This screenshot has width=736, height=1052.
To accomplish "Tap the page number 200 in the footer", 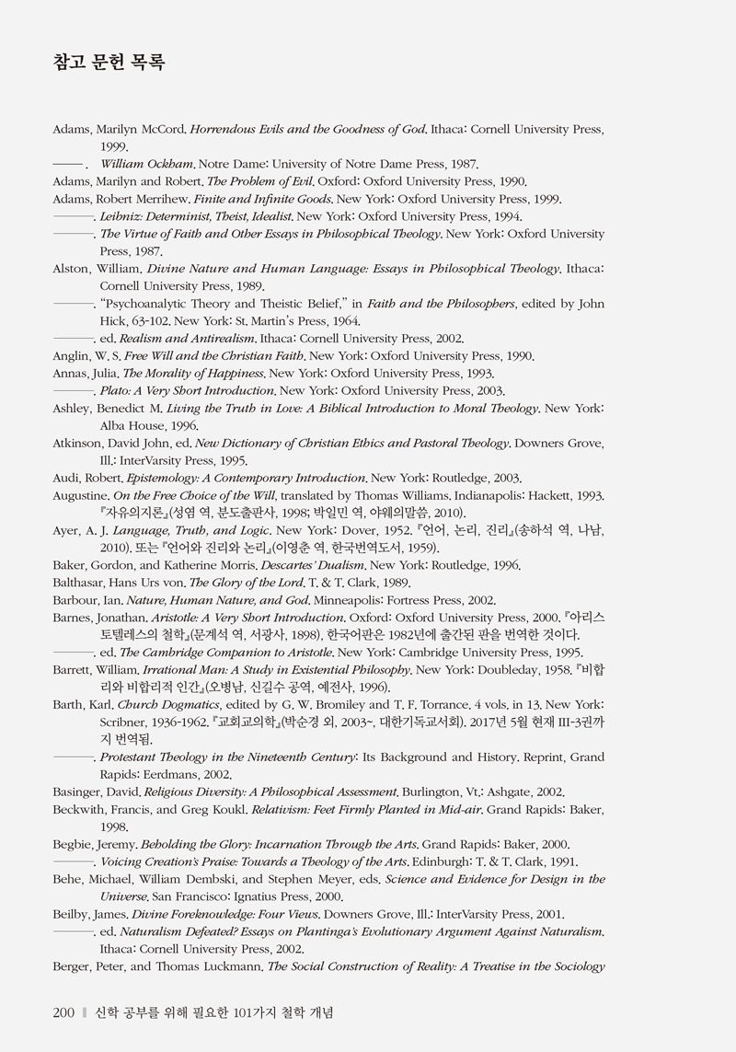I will (x=63, y=1013).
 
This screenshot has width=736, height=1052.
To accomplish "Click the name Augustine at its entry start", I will (x=80, y=496).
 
